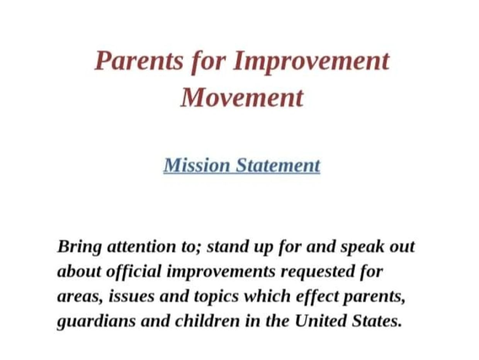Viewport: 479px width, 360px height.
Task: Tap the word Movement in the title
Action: [x=242, y=98]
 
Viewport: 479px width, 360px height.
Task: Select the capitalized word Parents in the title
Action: [x=139, y=61]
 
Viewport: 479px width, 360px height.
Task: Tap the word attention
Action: [x=142, y=246]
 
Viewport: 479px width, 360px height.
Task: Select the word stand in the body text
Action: [x=228, y=246]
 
